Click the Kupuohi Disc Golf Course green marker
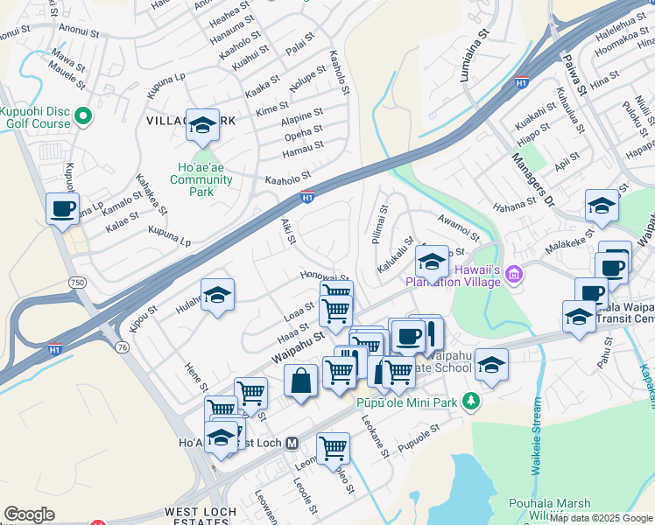(84, 115)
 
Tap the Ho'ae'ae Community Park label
(201, 179)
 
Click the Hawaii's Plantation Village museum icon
(514, 275)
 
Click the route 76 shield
(121, 347)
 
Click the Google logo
(29, 514)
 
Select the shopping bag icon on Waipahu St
(300, 381)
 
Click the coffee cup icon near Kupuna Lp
(62, 209)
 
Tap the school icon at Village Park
(202, 127)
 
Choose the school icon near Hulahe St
(217, 294)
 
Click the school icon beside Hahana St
(602, 206)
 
